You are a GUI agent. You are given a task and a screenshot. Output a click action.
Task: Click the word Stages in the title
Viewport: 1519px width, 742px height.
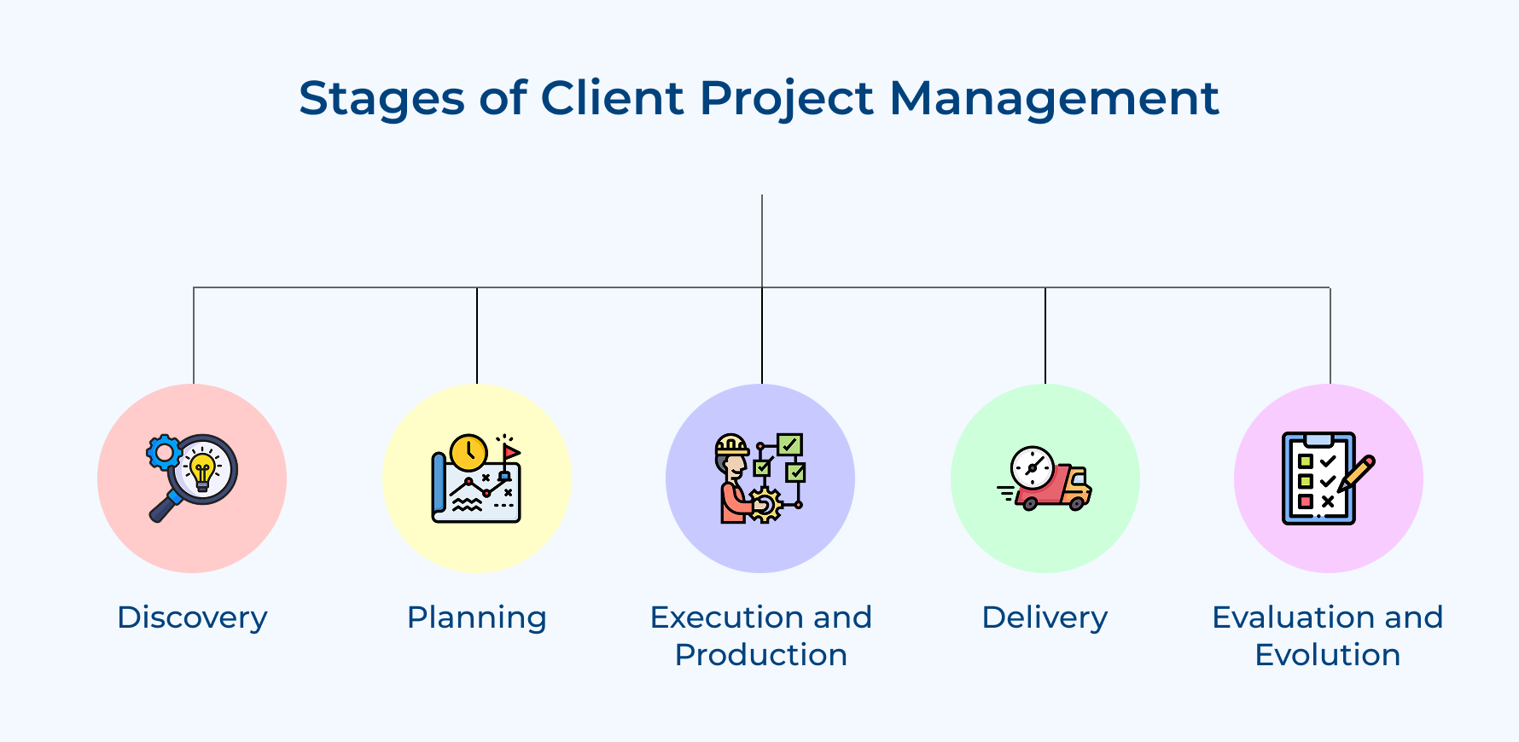coord(381,99)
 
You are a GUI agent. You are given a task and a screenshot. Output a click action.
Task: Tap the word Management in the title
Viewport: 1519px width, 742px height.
coord(1054,99)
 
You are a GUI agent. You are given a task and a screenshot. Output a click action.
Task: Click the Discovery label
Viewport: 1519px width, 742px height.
coord(192,617)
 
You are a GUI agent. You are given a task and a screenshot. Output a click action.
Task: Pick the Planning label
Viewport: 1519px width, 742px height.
coord(476,617)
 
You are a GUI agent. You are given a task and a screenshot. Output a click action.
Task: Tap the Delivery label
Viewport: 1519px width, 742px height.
coord(1045,617)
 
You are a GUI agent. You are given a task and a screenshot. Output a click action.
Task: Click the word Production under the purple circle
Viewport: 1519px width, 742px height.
coord(760,655)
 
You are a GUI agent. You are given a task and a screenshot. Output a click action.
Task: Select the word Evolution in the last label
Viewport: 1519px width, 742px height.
coord(1328,655)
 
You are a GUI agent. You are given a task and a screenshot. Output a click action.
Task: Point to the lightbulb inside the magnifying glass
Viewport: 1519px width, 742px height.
coord(202,470)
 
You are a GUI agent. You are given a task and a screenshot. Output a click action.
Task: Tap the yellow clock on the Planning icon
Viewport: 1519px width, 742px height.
coord(469,452)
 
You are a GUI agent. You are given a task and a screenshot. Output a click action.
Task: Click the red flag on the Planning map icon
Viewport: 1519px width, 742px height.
coord(510,451)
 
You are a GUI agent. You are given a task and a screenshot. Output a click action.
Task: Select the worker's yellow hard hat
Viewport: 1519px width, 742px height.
coord(731,444)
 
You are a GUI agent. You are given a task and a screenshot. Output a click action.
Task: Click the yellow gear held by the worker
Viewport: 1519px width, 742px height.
coord(765,505)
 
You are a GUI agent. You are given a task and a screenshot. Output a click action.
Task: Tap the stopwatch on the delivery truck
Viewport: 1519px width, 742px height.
coord(1032,467)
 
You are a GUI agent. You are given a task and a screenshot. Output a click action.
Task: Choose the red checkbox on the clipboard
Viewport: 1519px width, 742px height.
coord(1305,501)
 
